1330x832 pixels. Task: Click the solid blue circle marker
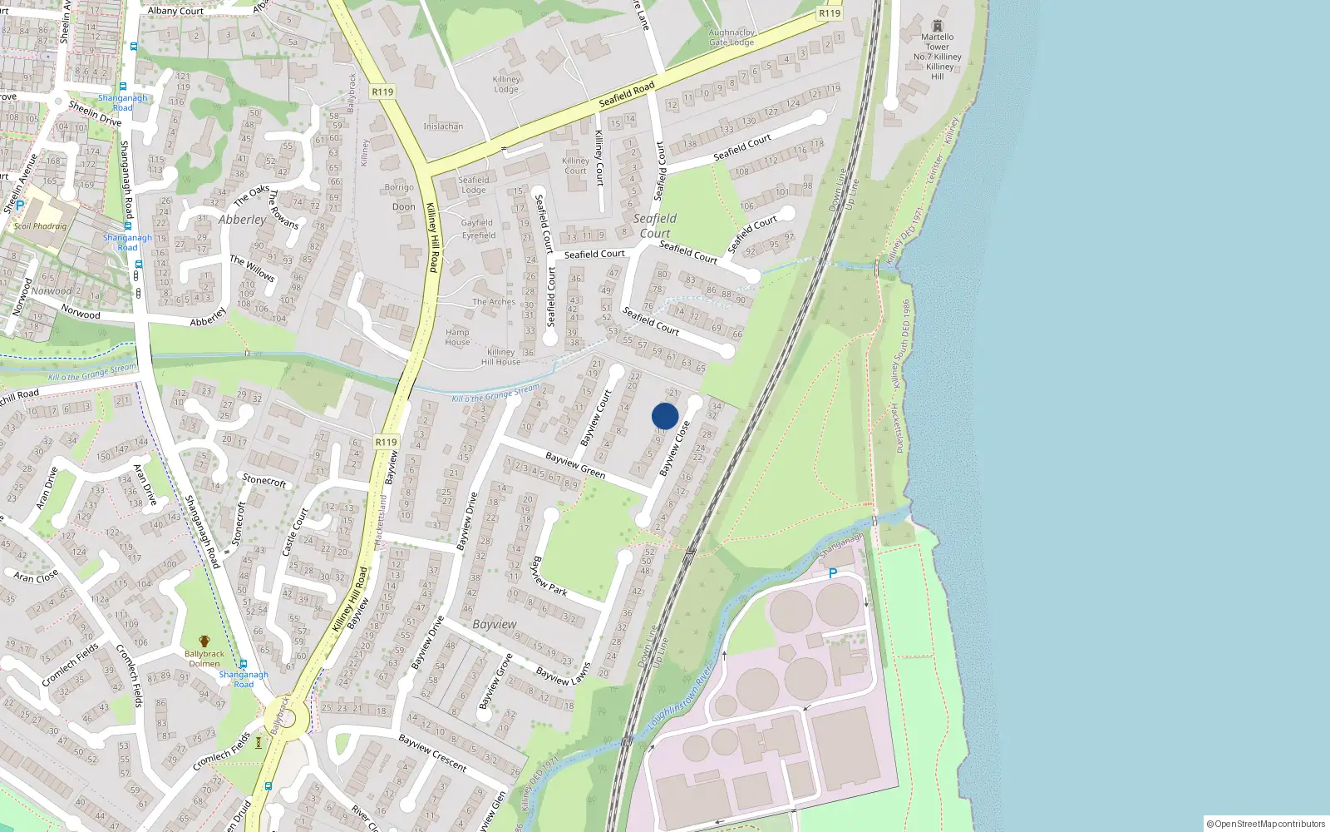pos(665,416)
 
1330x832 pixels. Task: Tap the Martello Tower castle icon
pos(938,26)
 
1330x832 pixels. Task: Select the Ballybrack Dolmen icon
pos(204,641)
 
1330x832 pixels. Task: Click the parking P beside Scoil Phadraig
pos(20,205)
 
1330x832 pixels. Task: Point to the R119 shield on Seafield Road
pos(830,13)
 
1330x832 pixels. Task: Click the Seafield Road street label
pos(627,94)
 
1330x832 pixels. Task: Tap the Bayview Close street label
pos(674,449)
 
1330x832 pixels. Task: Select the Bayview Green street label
pos(575,465)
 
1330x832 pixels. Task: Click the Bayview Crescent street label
pos(432,752)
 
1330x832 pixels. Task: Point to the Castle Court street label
pos(295,531)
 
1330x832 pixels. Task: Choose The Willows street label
pos(252,269)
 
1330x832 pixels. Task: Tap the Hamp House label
pos(457,337)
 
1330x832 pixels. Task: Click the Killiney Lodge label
pos(506,84)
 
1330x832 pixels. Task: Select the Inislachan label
pos(443,126)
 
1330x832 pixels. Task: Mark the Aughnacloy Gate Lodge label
pos(731,37)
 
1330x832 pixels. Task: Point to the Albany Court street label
pos(175,11)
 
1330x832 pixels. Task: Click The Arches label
pos(494,302)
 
